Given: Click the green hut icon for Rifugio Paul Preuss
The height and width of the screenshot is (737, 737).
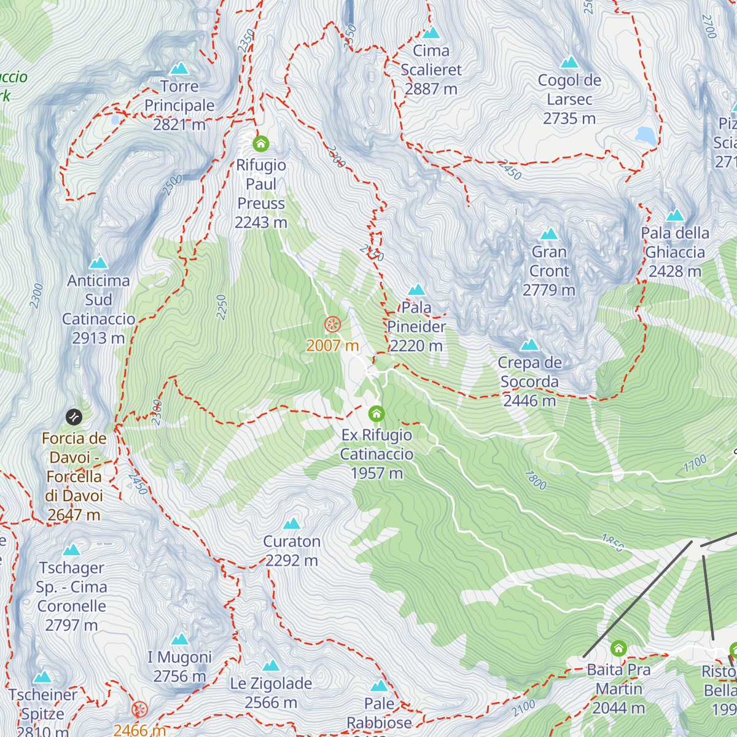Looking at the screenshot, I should click(x=261, y=144).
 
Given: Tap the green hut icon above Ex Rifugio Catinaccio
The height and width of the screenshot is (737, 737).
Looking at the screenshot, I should click(x=376, y=413).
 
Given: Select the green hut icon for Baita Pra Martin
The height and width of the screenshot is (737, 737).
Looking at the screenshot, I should click(x=618, y=649).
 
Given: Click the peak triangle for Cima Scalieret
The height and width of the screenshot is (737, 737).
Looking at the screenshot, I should click(x=431, y=33).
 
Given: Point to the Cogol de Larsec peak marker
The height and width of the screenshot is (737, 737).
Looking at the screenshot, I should click(x=569, y=62).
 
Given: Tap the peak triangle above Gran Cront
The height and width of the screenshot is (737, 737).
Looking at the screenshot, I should click(x=548, y=234).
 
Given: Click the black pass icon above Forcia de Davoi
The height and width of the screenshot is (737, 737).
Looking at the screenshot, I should click(x=74, y=417).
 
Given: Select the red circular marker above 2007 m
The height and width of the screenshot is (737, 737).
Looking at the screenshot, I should click(x=332, y=324).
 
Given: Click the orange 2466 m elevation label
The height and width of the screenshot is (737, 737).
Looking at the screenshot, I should click(x=140, y=730).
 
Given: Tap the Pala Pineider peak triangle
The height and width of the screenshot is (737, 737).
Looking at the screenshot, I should click(x=416, y=289).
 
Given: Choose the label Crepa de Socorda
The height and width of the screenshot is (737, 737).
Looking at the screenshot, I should click(x=529, y=372).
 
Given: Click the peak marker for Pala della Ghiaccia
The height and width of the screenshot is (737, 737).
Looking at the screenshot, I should click(x=675, y=215).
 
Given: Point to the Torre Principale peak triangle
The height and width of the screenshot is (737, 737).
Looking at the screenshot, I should click(x=179, y=68).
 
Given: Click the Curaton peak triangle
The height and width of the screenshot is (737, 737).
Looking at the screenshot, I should click(x=292, y=523).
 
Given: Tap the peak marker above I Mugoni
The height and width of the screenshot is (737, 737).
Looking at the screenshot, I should click(x=179, y=639).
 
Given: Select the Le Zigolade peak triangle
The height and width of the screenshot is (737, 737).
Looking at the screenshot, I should click(x=271, y=666).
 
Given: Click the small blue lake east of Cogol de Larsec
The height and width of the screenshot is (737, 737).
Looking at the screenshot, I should click(x=646, y=135).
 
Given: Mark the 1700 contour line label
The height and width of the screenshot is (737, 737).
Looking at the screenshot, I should click(x=695, y=464).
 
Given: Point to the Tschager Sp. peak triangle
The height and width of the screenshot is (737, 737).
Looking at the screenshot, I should click(x=71, y=550).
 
